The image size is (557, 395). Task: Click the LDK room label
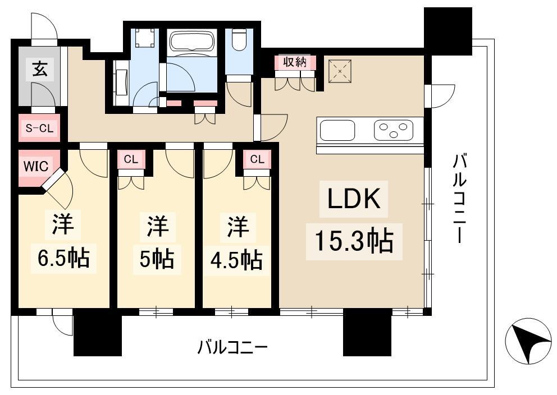pyautogui.click(x=354, y=199)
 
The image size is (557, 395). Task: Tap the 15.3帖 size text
pyautogui.click(x=354, y=241)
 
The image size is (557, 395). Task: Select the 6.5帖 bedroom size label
pyautogui.click(x=63, y=258)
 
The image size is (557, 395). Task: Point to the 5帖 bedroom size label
pyautogui.click(x=157, y=259)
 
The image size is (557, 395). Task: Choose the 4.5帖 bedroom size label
pyautogui.click(x=236, y=260)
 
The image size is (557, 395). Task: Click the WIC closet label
pyautogui.click(x=36, y=166)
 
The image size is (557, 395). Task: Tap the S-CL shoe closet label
pyautogui.click(x=39, y=128)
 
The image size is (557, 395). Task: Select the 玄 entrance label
pyautogui.click(x=40, y=68)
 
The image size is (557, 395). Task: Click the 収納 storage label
pyautogui.click(x=295, y=62)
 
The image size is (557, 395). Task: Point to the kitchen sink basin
pyautogui.click(x=337, y=130)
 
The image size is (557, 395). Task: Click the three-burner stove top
pyautogui.click(x=393, y=130)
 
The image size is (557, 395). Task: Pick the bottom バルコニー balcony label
pyautogui.click(x=232, y=347)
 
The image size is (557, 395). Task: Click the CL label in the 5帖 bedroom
pyautogui.click(x=131, y=160)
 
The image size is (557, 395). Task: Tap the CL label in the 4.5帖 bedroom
pyautogui.click(x=257, y=159)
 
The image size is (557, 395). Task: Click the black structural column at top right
pyautogui.click(x=448, y=31)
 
